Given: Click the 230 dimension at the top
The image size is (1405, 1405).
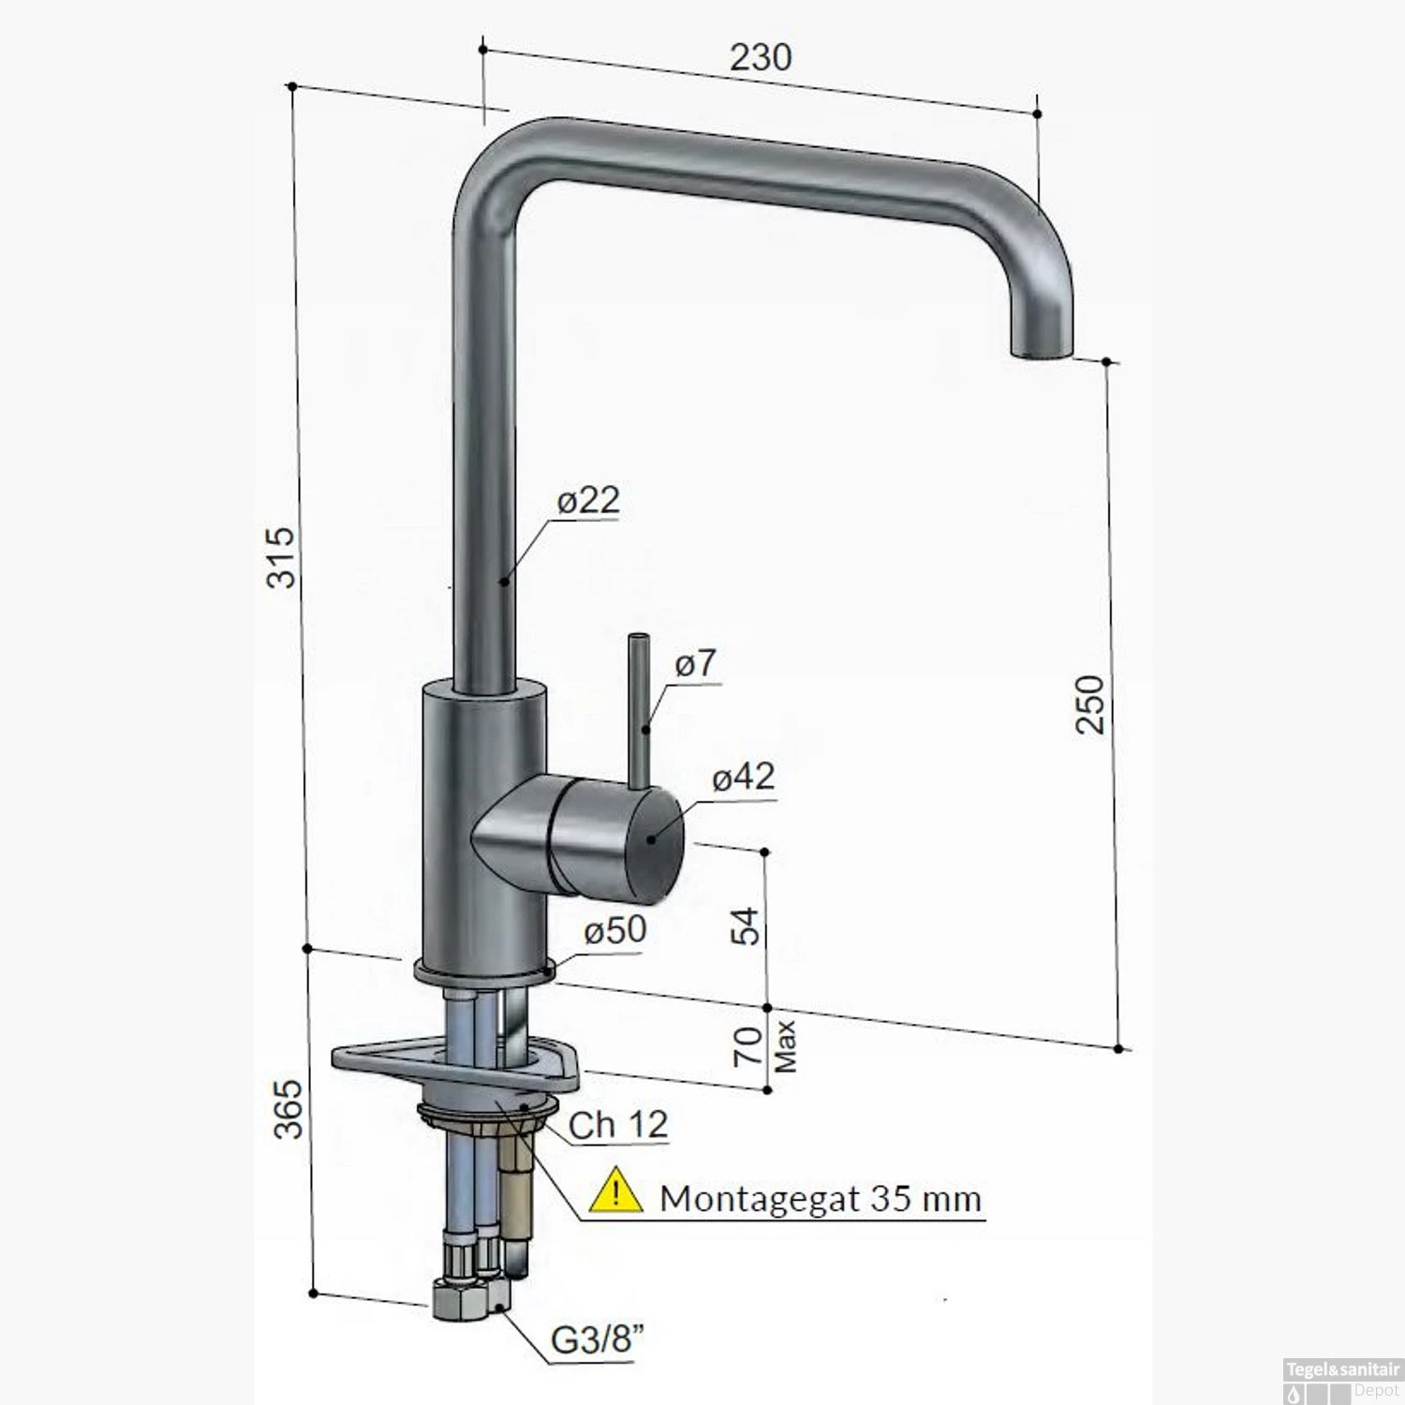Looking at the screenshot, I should point(761,57).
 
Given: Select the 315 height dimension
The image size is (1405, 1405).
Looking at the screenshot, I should point(282,557).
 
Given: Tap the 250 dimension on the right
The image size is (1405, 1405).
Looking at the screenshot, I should point(1090,703).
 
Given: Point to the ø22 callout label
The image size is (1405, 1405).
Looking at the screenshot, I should point(588,500).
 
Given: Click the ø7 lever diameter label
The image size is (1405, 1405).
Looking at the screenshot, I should point(695,663).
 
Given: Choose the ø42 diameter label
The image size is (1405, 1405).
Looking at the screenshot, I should point(743,776).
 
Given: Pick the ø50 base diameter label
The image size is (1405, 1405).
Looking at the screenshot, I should point(614,929).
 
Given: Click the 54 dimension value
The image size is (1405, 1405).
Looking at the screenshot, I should point(747,926).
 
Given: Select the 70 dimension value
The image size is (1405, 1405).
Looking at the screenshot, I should point(747,1046).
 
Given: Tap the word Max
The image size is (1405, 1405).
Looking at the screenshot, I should point(785,1046).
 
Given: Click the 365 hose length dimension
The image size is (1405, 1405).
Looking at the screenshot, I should point(289,1109).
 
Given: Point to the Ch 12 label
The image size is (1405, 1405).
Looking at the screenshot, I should point(618,1125).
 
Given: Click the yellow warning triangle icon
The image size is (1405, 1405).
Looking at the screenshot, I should point(615,1191).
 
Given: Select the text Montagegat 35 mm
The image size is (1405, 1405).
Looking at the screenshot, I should point(820,1198).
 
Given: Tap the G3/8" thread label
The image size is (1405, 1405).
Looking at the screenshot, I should point(598,1340).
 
